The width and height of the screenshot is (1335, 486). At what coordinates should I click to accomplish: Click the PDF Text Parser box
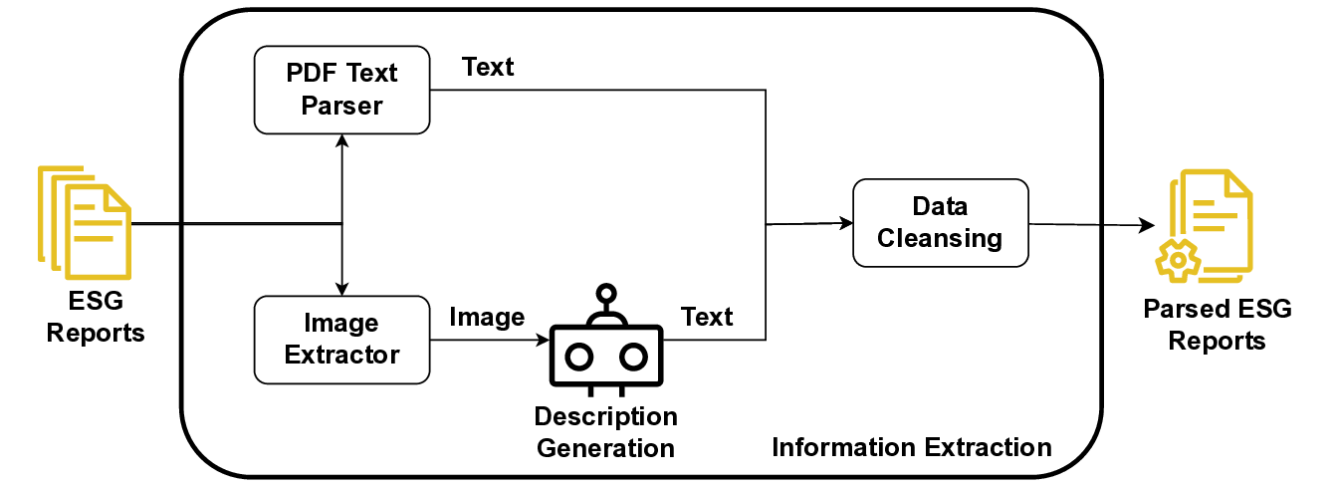click(x=341, y=89)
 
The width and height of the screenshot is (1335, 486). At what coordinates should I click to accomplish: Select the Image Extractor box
click(x=341, y=339)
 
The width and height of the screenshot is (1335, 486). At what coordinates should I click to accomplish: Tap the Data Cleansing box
click(x=940, y=222)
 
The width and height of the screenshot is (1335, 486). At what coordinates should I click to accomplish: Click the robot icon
click(x=605, y=344)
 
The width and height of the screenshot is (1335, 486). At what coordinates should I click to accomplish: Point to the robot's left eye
click(x=578, y=356)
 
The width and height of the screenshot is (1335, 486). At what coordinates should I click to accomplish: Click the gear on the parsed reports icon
click(x=1178, y=260)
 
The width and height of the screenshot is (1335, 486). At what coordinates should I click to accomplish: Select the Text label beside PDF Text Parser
click(x=488, y=67)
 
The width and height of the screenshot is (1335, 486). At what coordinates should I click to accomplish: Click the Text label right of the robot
click(x=707, y=317)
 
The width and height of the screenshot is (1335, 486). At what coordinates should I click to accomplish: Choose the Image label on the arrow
click(x=487, y=317)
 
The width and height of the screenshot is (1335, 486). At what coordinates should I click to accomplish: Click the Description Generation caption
click(x=605, y=431)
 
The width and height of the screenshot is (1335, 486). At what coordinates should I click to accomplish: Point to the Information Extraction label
click(x=911, y=447)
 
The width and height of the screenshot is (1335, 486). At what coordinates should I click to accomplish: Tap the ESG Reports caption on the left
click(x=96, y=317)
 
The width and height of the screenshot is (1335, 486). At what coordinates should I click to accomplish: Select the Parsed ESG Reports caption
click(x=1217, y=325)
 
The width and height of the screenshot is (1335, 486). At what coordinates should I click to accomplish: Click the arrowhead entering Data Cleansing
click(x=846, y=223)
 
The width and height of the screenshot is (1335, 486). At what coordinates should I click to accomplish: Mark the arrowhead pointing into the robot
click(x=544, y=340)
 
